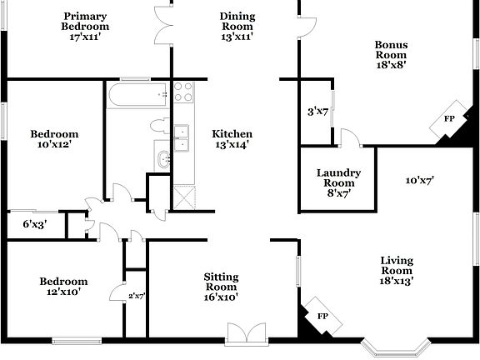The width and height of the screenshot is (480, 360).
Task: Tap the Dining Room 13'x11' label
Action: [237, 27]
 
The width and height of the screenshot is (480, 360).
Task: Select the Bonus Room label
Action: [390, 55]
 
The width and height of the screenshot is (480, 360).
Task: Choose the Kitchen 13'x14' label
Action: [232, 139]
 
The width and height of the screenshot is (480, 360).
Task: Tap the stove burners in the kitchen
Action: [183, 91]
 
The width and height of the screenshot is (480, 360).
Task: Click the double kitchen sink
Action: [181, 138]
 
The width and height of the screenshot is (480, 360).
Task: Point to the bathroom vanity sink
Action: [162, 158]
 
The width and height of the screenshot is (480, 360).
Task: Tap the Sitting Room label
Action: [222, 288]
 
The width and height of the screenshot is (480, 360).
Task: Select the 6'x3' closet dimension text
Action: [34, 224]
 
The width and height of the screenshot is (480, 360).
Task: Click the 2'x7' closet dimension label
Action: [137, 296]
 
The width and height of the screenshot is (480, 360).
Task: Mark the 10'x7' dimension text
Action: [420, 180]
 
